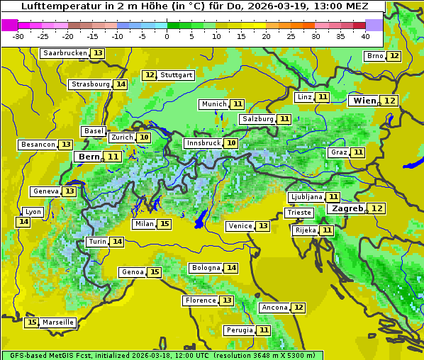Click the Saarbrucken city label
(65, 53)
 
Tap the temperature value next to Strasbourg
(121, 84)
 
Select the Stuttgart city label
(177, 75)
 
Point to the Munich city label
(213, 104)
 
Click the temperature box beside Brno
(394, 56)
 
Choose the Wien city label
(365, 101)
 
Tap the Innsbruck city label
(203, 143)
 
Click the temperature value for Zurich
(144, 137)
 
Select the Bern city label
(89, 157)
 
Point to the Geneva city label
(46, 191)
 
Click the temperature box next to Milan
(164, 224)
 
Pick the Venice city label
(240, 226)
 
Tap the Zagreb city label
(347, 208)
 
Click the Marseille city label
(58, 322)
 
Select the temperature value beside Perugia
(264, 330)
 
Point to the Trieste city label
(299, 213)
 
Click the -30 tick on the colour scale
(18, 36)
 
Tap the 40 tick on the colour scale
(365, 36)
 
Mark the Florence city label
(201, 300)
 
